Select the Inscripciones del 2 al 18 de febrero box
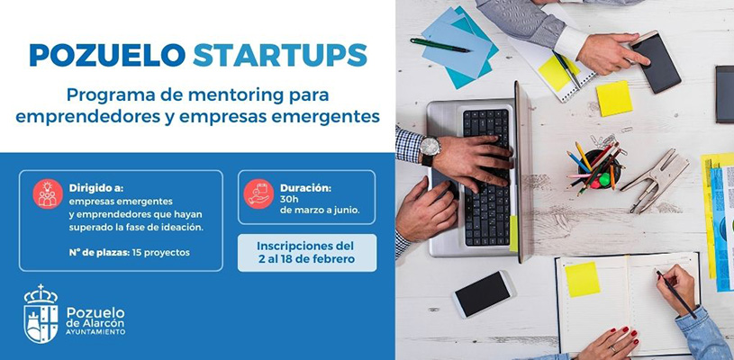[307, 253]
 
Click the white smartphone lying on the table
[483, 294]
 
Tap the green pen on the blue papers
[439, 44]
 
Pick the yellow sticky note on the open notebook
[582, 279]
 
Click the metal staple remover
[655, 179]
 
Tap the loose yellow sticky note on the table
[613, 98]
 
